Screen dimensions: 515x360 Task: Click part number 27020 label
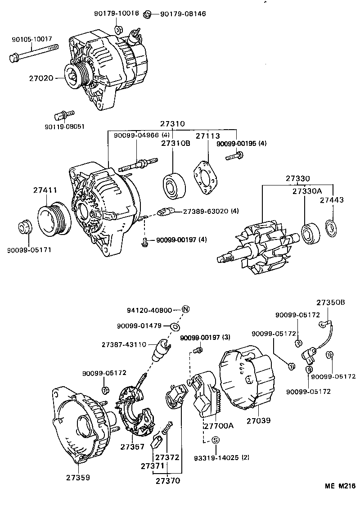click(41, 78)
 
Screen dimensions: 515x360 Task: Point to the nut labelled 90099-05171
click(25, 227)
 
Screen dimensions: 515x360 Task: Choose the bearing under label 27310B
click(173, 184)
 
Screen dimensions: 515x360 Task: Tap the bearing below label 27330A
click(310, 233)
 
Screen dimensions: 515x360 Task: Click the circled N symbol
click(185, 310)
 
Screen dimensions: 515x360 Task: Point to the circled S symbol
click(215, 440)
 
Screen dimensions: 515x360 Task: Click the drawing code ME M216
click(341, 486)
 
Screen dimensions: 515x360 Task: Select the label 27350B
click(330, 302)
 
